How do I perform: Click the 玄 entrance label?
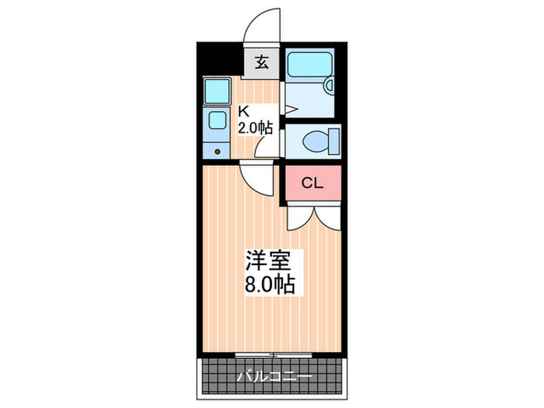click(x=262, y=63)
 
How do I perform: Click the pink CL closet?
click(x=312, y=183)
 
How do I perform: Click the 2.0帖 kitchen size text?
click(x=255, y=127)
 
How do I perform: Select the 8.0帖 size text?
click(x=270, y=284)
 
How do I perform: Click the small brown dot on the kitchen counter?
click(x=218, y=151)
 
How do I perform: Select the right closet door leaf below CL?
click(x=326, y=218)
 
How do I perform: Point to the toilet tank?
click(x=334, y=141)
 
